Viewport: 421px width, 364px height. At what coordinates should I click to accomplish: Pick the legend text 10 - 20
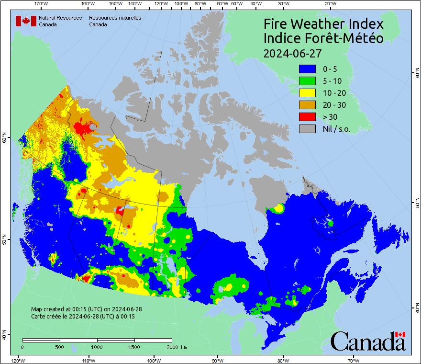333,93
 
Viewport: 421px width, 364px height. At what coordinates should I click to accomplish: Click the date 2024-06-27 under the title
292,53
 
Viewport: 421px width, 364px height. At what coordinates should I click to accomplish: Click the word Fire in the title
276,24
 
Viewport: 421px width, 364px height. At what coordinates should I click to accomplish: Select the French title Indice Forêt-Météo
323,38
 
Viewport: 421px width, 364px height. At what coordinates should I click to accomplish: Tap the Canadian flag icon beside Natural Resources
26,21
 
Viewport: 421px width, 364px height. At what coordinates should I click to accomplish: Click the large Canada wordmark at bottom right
368,341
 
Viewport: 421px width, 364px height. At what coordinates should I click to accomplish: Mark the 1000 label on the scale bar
97,347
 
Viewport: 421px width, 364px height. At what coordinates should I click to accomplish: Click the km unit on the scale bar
184,347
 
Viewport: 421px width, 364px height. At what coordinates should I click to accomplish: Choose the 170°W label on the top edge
42,3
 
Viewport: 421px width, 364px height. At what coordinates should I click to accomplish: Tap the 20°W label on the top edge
329,3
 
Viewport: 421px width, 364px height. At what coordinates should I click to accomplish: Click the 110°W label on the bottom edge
88,360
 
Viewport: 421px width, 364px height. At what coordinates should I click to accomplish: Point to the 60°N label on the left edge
4,139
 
